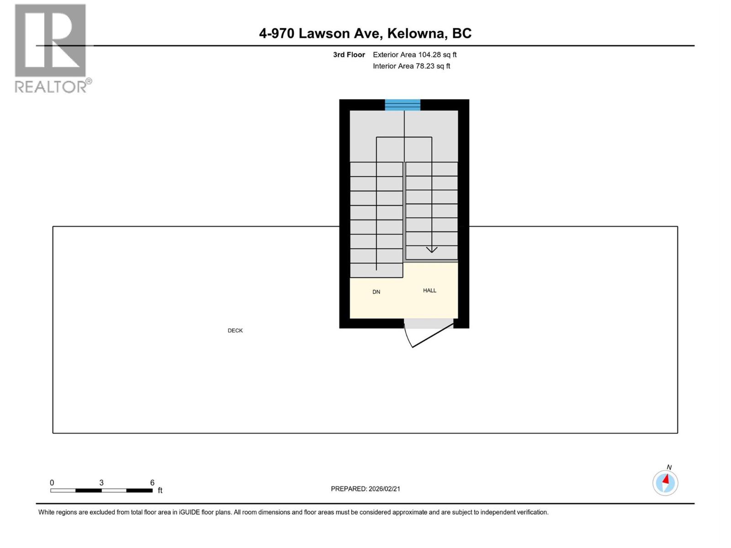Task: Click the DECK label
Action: (x=235, y=330)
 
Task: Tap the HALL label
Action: (x=429, y=290)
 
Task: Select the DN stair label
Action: (x=376, y=292)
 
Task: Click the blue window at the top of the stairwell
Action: (x=403, y=105)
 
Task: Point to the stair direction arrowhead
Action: (x=432, y=249)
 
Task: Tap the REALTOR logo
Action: (x=51, y=48)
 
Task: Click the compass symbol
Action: (x=665, y=483)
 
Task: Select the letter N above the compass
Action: (x=669, y=467)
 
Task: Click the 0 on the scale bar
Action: (x=52, y=483)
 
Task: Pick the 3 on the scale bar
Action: (x=101, y=483)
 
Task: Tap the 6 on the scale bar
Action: (x=152, y=483)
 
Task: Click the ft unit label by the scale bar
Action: (x=160, y=490)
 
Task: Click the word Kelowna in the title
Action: (x=416, y=33)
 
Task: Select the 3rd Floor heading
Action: (x=349, y=55)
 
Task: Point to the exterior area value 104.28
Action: (x=429, y=55)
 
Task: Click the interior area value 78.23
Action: (x=425, y=66)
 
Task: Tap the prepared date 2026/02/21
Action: (x=384, y=489)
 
